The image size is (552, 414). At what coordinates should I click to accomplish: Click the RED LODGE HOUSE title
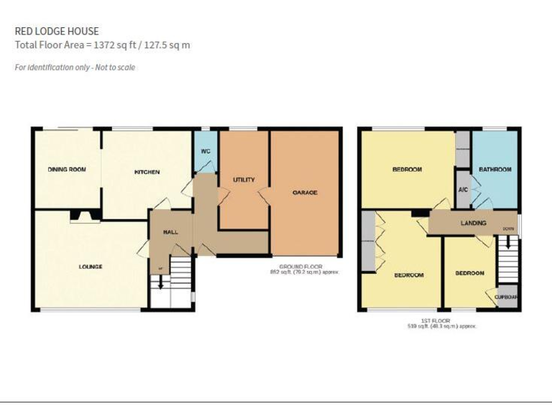coord(57,31)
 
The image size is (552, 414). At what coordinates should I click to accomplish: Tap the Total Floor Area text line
coord(102,45)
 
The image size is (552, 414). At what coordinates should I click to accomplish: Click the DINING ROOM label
coord(67,170)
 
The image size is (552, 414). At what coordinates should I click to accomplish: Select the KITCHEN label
coord(147,172)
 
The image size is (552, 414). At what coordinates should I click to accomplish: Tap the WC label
coord(205,152)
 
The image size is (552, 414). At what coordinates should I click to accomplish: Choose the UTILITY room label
coord(244,180)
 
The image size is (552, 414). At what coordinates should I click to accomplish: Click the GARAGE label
coord(305,193)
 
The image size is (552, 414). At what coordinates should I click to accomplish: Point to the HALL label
coord(170,232)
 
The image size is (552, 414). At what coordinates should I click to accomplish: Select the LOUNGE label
coord(91,267)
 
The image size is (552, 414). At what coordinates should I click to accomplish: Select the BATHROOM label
coord(495,170)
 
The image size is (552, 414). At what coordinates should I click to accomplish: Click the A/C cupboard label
coord(463,190)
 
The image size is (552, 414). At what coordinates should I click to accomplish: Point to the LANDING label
coord(473,223)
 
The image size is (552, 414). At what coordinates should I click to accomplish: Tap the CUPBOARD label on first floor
coord(506,296)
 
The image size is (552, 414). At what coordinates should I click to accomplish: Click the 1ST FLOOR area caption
coord(441,324)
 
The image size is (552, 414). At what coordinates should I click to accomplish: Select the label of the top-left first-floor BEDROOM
coord(407,170)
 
